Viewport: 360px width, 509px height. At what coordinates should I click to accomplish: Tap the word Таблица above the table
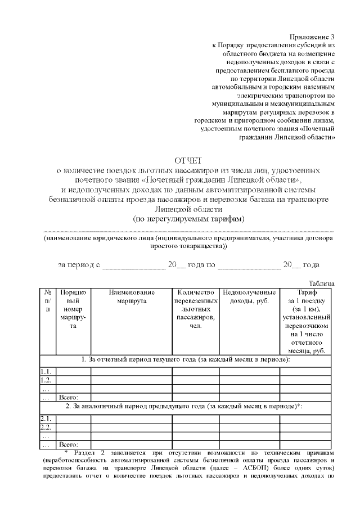pyautogui.click(x=322, y=283)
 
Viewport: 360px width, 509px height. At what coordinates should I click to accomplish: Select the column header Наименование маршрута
pyautogui.click(x=132, y=297)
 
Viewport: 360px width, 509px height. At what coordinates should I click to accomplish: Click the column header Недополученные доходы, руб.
pyautogui.click(x=249, y=297)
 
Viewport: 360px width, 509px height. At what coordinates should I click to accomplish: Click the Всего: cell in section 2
pyautogui.click(x=69, y=444)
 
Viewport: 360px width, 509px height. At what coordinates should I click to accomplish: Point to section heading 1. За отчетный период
pyautogui.click(x=186, y=359)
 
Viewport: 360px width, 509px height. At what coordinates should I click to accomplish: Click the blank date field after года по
pyautogui.click(x=249, y=265)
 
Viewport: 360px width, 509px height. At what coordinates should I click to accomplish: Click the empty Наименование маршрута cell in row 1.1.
pyautogui.click(x=132, y=371)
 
